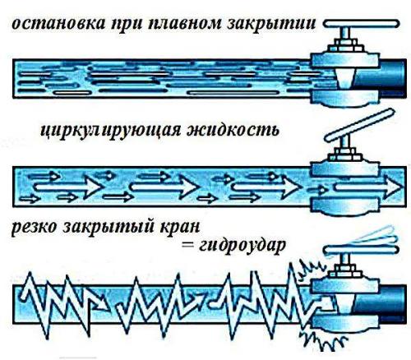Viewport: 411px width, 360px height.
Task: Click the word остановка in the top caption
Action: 46,26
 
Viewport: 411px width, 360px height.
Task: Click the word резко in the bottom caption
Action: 37,227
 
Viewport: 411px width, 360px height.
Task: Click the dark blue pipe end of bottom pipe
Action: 393,299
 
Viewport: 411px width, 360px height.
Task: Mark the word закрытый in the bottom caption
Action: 118,227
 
